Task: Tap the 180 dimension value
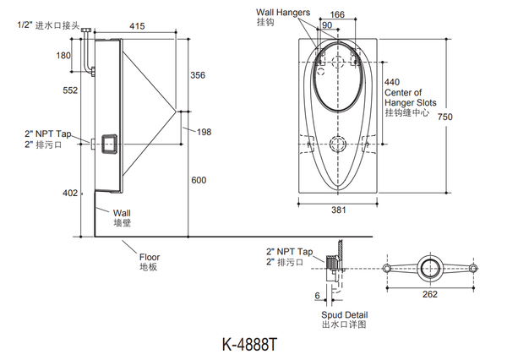[63, 56]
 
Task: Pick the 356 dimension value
[199, 75]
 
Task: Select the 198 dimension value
[203, 131]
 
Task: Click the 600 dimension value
[199, 180]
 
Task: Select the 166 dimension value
[337, 14]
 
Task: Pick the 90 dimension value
[326, 26]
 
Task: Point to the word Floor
[150, 257]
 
